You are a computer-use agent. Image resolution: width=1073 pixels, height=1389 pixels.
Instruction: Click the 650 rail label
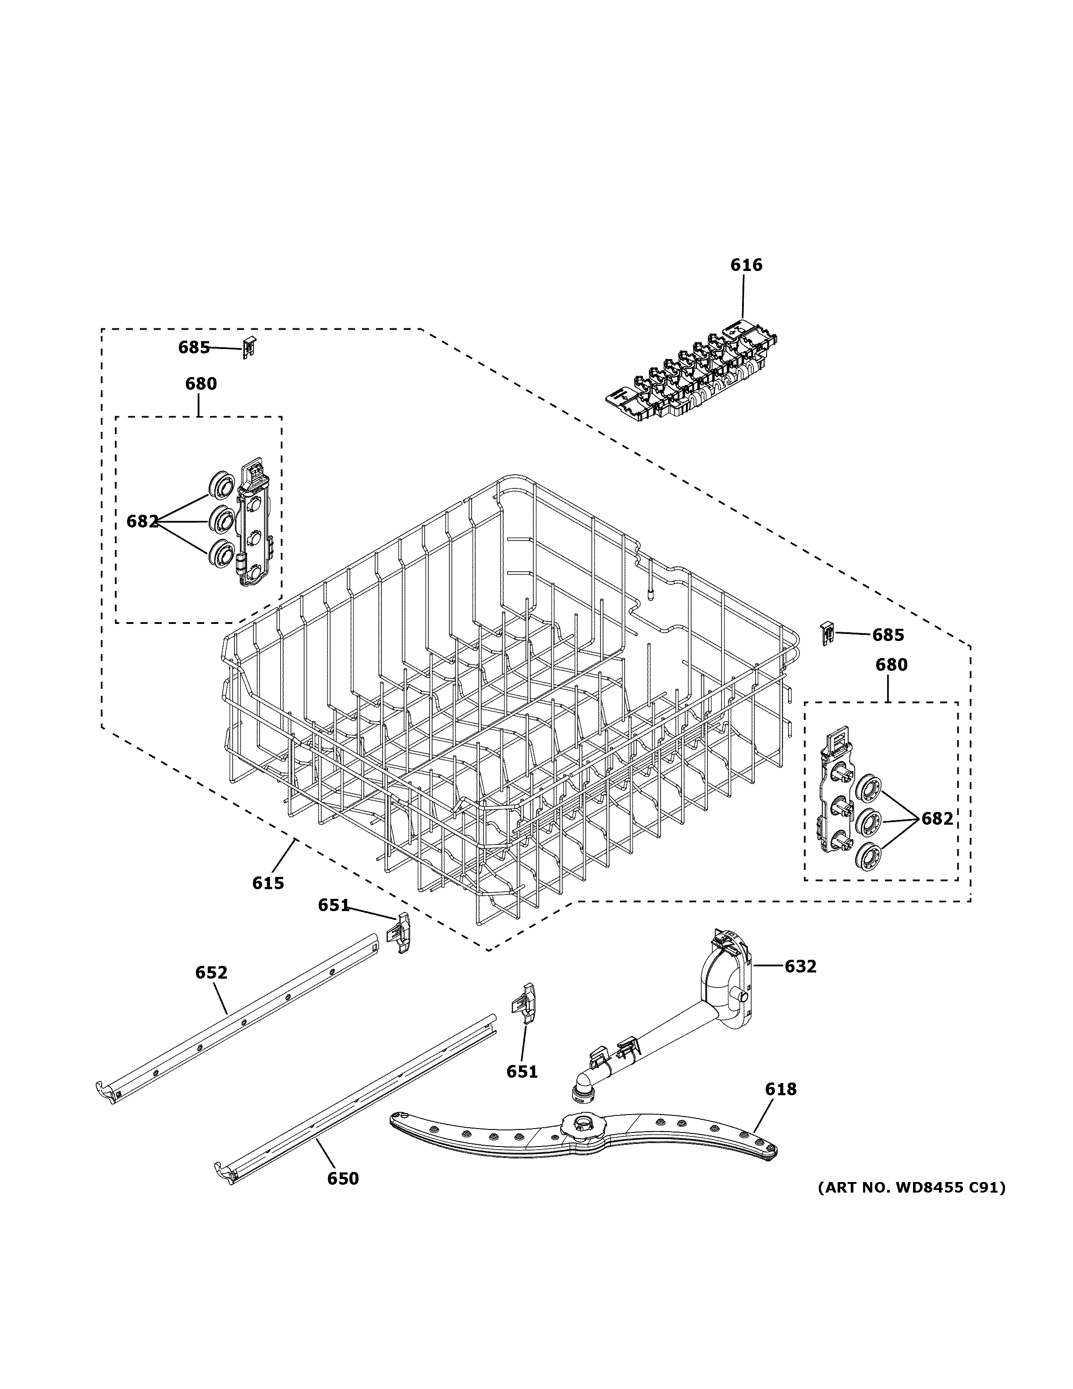pos(343,1179)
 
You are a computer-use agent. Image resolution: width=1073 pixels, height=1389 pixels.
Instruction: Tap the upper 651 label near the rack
pos(334,905)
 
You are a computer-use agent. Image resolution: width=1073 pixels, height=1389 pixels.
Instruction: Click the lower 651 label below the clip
pos(522,1072)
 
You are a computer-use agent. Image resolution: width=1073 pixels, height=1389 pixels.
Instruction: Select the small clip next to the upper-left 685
pos(249,347)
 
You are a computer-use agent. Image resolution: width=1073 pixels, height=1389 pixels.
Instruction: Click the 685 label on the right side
pos(888,635)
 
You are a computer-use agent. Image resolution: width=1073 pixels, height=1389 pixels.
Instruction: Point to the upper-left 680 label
pos(201,384)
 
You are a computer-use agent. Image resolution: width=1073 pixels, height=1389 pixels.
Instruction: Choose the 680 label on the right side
pos(891,665)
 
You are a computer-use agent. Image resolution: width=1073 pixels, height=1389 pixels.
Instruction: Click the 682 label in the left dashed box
pos(142,521)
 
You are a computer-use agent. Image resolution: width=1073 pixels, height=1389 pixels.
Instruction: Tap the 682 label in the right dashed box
pos(937,819)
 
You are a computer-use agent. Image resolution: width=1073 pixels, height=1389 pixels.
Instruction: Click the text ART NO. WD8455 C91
pos(912,1187)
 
